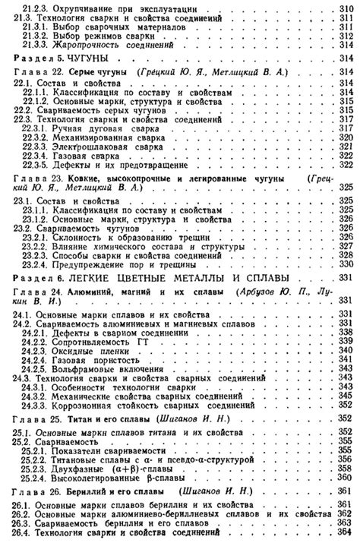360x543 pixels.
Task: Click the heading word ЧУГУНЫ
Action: (88, 58)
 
